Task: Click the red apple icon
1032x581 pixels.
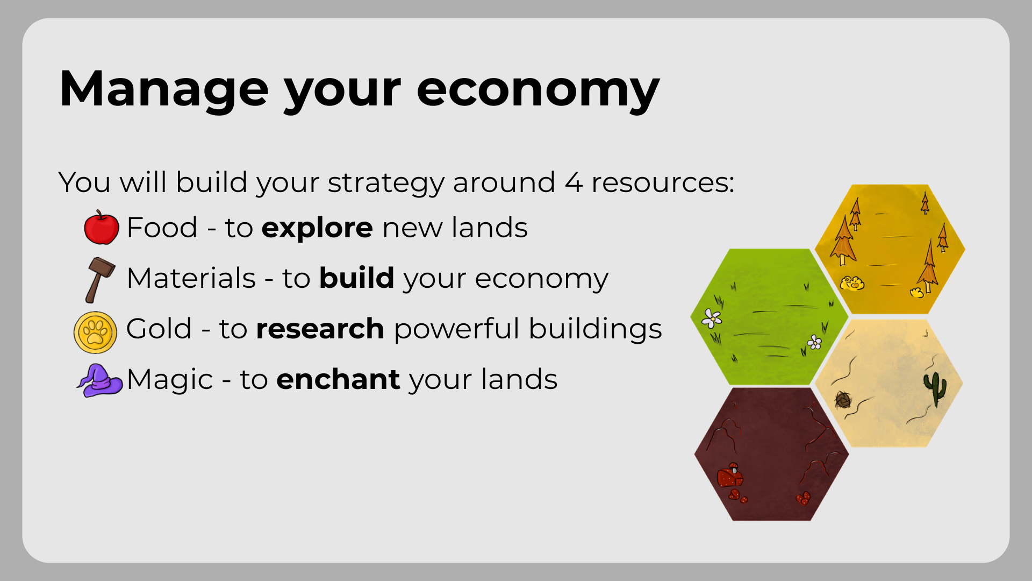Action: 102,227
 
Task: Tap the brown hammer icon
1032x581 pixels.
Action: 99,280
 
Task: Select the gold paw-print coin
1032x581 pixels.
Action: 95,332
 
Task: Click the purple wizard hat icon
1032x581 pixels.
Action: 99,380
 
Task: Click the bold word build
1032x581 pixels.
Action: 357,278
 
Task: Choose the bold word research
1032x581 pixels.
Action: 320,329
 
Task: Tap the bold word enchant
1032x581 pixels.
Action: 339,379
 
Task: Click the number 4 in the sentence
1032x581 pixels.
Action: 574,183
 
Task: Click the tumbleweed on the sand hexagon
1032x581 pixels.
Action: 843,400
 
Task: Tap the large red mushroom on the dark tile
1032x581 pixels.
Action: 730,476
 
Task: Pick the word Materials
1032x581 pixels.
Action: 192,278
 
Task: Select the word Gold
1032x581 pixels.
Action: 159,329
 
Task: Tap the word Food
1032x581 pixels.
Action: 162,228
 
